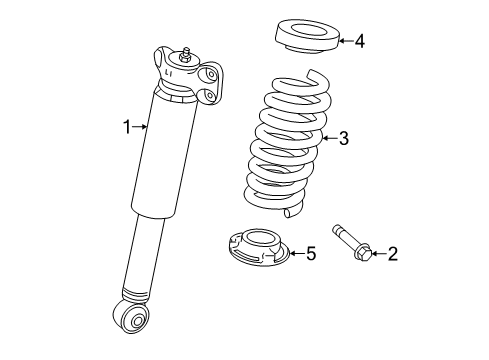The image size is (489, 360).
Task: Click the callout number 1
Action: [x=127, y=126]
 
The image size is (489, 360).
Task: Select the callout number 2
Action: [x=392, y=254]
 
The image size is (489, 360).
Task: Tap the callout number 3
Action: [x=343, y=139]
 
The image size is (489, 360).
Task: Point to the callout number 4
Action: [x=360, y=41]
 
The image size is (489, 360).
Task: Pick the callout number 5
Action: [x=311, y=254]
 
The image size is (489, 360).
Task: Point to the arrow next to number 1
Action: [x=141, y=126]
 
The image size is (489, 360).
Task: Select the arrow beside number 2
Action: [x=376, y=254]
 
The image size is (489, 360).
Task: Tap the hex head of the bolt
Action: [x=360, y=253]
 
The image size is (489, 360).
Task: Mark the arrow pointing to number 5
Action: [x=294, y=254]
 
